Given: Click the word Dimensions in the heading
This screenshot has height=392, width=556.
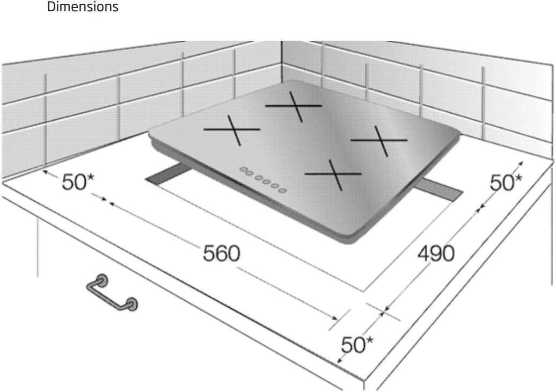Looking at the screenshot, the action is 83,6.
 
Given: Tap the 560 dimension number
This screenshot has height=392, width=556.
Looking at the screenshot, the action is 221,253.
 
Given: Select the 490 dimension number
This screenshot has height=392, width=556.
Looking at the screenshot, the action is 436,253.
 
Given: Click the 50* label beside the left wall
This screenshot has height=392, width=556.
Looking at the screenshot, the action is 78,182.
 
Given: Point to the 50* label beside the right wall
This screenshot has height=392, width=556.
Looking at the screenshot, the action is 506,183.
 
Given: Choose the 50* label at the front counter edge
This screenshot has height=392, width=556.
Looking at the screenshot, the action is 357,344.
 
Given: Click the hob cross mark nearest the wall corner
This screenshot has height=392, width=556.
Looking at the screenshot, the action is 294,106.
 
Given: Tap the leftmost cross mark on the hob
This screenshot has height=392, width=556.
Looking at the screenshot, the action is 232,130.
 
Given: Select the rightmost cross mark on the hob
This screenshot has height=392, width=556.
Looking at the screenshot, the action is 379,141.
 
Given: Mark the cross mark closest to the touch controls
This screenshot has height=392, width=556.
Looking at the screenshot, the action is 333,174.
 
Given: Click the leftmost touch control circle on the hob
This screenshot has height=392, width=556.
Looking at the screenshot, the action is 244,170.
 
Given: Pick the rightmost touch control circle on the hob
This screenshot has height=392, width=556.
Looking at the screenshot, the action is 282,191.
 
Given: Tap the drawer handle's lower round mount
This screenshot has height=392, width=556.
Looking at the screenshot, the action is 132,304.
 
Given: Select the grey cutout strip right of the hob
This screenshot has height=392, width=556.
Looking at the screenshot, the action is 439,189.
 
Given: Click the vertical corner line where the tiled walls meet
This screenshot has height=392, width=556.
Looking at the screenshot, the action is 282,62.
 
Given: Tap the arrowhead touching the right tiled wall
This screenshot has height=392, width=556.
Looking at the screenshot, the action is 520,164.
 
